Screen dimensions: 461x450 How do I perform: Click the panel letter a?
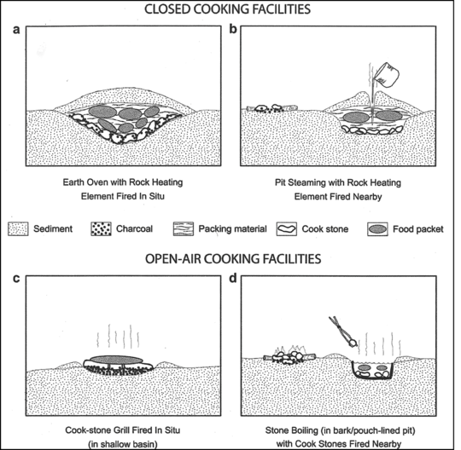[x=16, y=30]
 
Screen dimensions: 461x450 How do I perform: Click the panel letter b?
[x=233, y=29]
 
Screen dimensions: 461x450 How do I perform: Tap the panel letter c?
[x=16, y=279]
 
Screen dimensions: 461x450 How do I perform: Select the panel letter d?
[x=233, y=278]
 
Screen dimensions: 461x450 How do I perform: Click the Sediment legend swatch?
[x=18, y=229]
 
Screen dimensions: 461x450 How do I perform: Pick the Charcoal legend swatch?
[x=101, y=229]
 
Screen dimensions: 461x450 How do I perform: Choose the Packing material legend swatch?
[x=184, y=229]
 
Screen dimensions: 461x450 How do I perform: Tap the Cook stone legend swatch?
[x=287, y=229]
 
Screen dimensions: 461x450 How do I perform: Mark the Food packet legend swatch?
[x=377, y=229]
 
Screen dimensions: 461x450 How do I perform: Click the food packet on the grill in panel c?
[x=116, y=360]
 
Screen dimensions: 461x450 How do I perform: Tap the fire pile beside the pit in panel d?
[x=289, y=356]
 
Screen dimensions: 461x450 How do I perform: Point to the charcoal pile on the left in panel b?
[x=271, y=109]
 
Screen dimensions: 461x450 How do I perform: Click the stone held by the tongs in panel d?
[x=353, y=343]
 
